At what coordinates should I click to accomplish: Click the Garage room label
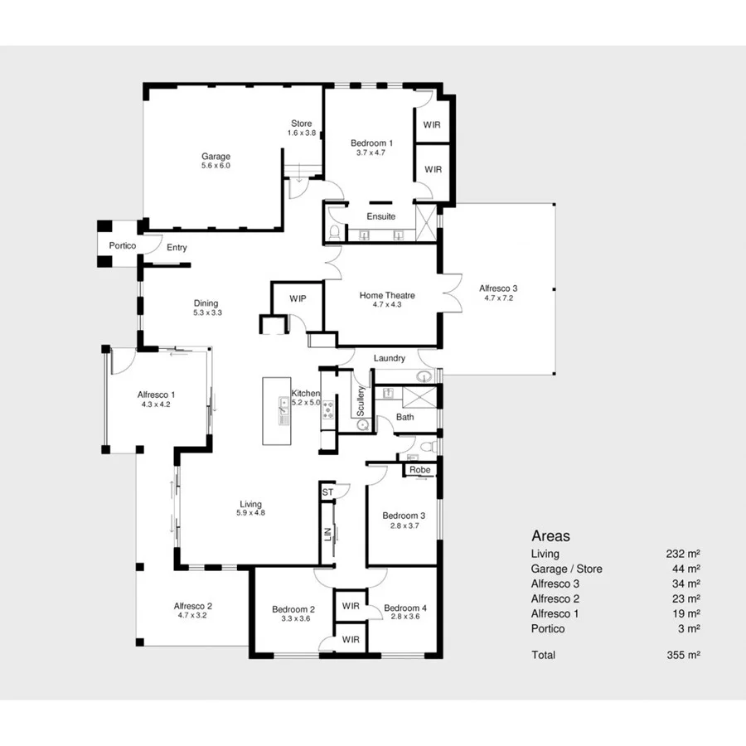tap(216, 156)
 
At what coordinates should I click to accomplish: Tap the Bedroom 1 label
tap(371, 143)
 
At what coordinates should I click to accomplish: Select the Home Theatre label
tap(387, 295)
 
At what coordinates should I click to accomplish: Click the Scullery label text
tap(361, 401)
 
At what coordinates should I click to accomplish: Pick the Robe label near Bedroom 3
tap(420, 470)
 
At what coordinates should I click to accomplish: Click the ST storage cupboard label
tap(327, 492)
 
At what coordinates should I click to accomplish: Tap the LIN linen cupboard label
tap(328, 535)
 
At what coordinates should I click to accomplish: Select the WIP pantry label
tap(298, 298)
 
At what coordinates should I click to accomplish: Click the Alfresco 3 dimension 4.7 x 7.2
tap(497, 298)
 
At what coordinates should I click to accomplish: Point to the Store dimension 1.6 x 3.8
tap(301, 133)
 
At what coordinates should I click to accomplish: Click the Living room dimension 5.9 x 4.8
tap(250, 513)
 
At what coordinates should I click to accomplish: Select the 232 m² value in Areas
tap(684, 554)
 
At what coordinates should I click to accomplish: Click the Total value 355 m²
tap(684, 655)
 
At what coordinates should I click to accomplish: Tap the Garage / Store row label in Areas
tap(566, 569)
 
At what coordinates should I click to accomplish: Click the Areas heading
tap(550, 536)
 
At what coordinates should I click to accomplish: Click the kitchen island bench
tap(277, 411)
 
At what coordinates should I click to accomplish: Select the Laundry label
tap(389, 358)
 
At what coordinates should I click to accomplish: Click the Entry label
tap(177, 248)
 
